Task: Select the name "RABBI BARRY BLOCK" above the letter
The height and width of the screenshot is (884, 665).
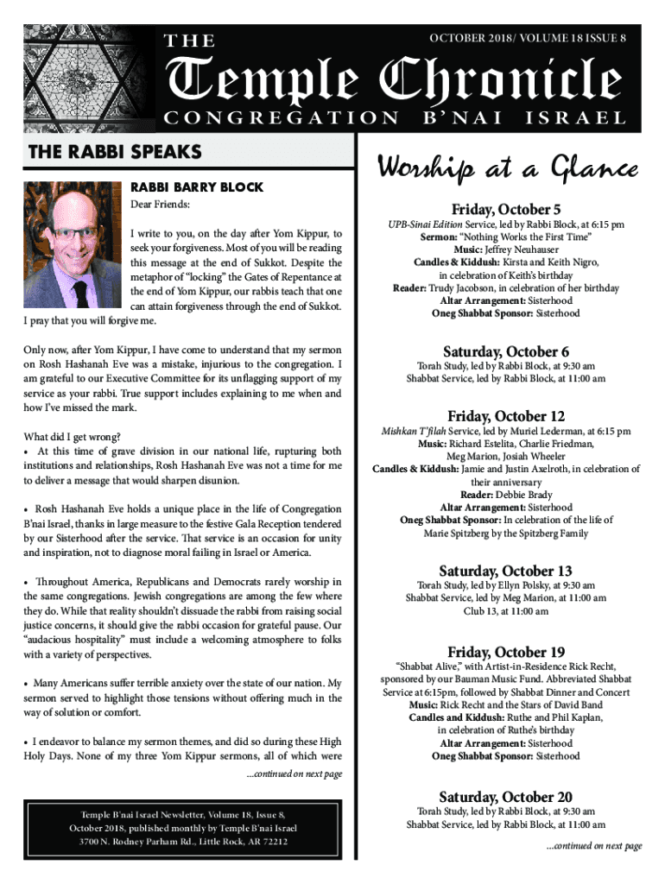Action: (196, 186)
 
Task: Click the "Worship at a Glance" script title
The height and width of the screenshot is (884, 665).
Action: (507, 169)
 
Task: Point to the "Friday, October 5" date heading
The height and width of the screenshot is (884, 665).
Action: (506, 210)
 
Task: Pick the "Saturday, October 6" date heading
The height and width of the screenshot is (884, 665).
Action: (506, 351)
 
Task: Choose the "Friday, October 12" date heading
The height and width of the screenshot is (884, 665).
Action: (506, 416)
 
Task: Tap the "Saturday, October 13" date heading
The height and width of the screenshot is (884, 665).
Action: (506, 571)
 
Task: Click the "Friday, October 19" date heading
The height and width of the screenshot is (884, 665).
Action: (506, 652)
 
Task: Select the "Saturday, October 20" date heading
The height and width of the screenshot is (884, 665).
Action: (506, 797)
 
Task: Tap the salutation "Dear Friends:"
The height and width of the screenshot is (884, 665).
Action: (160, 205)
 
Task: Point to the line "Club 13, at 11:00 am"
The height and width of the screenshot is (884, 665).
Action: (506, 611)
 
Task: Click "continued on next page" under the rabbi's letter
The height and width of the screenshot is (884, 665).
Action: (294, 773)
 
